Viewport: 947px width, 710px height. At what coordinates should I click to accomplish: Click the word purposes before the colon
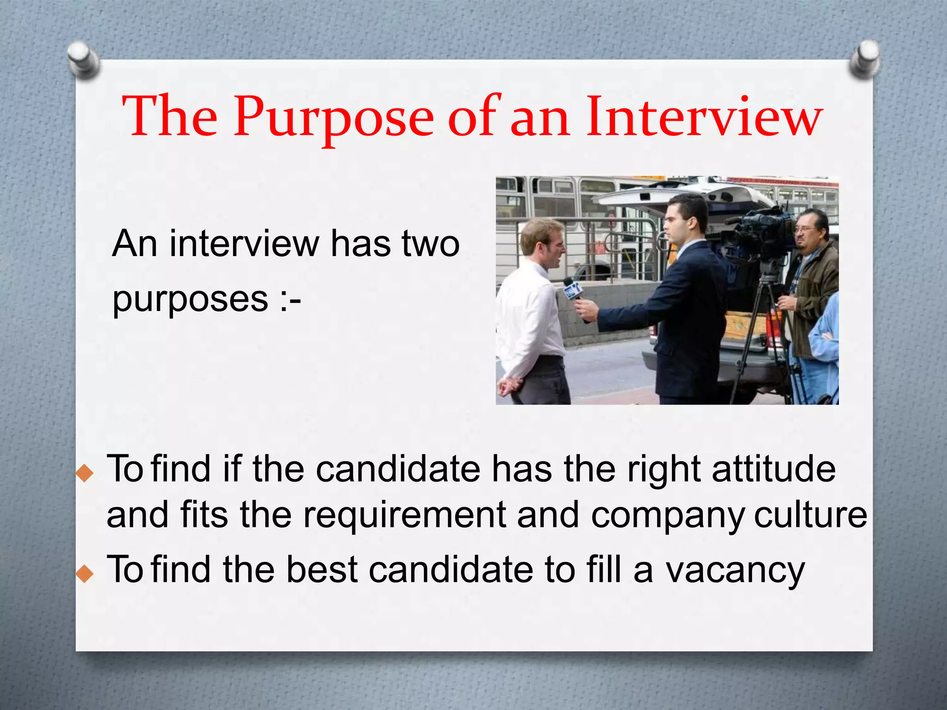click(190, 300)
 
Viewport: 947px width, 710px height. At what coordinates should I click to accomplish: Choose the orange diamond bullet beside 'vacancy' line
click(85, 574)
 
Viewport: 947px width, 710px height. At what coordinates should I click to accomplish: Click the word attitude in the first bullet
click(774, 470)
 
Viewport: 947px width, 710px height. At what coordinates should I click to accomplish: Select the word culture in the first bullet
click(810, 515)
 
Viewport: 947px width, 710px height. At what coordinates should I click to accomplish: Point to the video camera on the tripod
click(758, 231)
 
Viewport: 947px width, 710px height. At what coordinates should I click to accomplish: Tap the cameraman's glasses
click(805, 229)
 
